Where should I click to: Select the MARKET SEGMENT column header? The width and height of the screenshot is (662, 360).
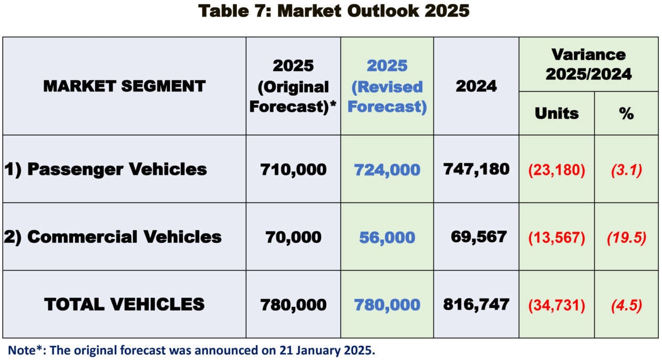[x=124, y=86]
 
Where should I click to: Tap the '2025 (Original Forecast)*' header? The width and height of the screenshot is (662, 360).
[x=293, y=86]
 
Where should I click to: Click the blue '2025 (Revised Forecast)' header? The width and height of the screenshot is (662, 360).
[x=387, y=86]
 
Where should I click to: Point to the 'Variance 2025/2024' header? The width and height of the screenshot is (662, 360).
[x=588, y=64]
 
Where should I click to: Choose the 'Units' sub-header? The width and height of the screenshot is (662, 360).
[x=556, y=114]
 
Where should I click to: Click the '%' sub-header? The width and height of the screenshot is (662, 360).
[x=626, y=114]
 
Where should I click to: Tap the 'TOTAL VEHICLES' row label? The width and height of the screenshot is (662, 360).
[x=124, y=304]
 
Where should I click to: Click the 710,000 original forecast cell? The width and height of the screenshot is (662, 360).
[x=293, y=169]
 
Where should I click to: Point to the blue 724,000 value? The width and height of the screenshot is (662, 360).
[x=387, y=170]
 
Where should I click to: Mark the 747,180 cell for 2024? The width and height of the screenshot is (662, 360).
[x=476, y=169]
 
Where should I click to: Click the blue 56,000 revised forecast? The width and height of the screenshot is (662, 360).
[x=387, y=238]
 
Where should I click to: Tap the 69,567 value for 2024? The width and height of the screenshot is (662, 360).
[x=479, y=236]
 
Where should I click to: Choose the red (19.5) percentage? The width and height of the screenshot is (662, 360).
[x=626, y=238]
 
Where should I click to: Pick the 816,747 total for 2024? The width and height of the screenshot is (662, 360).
[x=476, y=304]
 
